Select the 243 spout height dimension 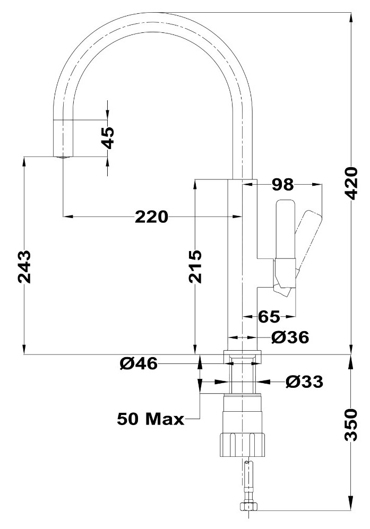[x=24, y=266]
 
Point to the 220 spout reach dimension [x=151, y=216]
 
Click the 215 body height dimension [x=195, y=266]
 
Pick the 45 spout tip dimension [x=108, y=138]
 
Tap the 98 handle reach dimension [x=283, y=185]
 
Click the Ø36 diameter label [x=290, y=337]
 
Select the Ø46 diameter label [x=139, y=363]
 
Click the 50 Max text [x=151, y=419]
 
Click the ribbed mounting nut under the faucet [x=243, y=445]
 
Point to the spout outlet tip [x=63, y=157]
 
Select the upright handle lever [x=286, y=230]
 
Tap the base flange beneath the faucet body [x=243, y=357]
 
